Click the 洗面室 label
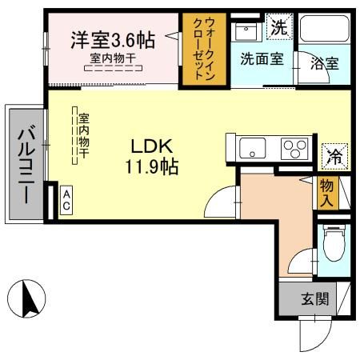pyautogui.click(x=261, y=58)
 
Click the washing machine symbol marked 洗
pyautogui.click(x=278, y=26)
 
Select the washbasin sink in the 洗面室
pyautogui.click(x=245, y=32)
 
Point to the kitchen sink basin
pyautogui.click(x=254, y=149)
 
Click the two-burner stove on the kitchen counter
pyautogui.click(x=294, y=150)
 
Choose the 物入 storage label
pyautogui.click(x=327, y=193)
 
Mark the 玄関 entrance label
pyautogui.click(x=314, y=300)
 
